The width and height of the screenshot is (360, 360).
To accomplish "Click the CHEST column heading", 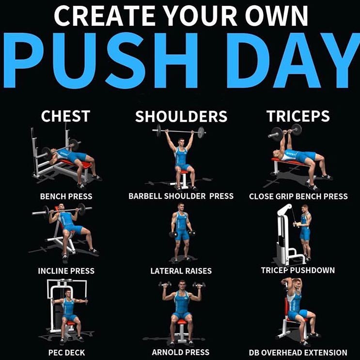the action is tap(65, 116).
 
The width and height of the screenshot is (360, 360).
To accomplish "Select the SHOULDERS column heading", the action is tap(181, 116).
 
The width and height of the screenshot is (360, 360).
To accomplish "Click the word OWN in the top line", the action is tap(277, 16).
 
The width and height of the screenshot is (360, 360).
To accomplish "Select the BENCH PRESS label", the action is tap(66, 196).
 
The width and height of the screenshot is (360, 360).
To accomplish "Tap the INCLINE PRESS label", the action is tap(66, 271).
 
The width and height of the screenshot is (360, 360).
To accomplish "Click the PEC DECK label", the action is tap(66, 353).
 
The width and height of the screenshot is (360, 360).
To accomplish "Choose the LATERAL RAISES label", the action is tap(181, 271).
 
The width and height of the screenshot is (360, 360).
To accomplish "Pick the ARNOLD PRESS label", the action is tap(181, 352).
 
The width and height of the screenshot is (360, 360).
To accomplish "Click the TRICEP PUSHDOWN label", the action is tap(298, 270).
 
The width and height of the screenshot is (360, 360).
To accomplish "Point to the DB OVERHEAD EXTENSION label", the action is tap(298, 353).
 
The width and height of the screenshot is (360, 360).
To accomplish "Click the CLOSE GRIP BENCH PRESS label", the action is tap(298, 196).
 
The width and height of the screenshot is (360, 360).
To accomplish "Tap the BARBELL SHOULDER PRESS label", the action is tap(181, 196).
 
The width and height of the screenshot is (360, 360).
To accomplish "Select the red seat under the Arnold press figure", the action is tap(181, 321).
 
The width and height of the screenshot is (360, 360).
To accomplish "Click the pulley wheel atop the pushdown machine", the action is tap(285, 209).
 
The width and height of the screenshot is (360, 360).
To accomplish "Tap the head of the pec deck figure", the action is tap(68, 293).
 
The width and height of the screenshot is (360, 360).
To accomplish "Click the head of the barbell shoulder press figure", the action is tap(181, 142).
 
